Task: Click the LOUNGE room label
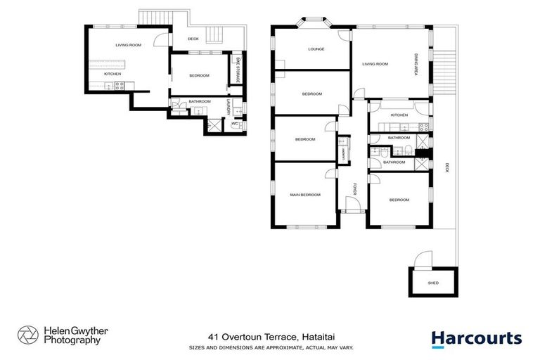314,49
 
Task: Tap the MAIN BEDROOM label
305,195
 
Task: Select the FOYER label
355,188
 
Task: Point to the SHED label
433,283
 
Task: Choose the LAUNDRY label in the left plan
229,105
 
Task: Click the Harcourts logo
476,338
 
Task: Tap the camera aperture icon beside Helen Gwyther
27,335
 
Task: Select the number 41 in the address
212,337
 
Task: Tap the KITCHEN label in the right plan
399,115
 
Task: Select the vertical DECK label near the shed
446,168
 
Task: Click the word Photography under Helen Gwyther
72,340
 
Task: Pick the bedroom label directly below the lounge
311,94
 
